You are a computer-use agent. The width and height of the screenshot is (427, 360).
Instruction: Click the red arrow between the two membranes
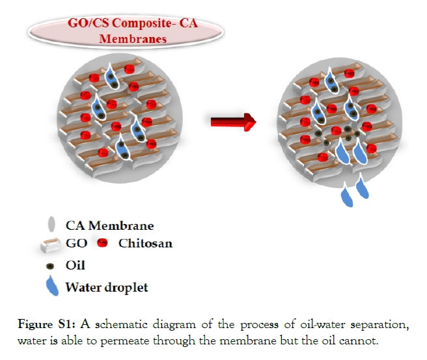coord(232,121)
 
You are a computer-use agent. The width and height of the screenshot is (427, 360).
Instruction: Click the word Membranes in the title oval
coord(133,38)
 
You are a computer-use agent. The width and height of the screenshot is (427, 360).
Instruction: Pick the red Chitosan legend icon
coord(103,244)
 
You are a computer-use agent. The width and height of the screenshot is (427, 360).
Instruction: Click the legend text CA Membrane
coord(110,226)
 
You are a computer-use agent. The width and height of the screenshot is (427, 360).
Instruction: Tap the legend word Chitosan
coord(145,244)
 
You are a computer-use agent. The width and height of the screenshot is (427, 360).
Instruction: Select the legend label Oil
coord(76,265)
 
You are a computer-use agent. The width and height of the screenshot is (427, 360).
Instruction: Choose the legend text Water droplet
coord(107,286)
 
